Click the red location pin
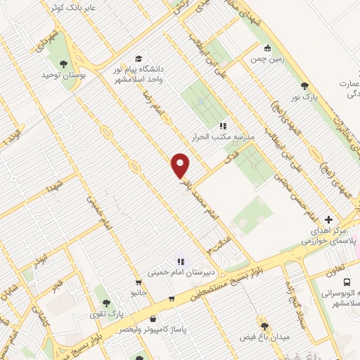pyautogui.click(x=181, y=165)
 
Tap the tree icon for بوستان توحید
pyautogui.click(x=64, y=64)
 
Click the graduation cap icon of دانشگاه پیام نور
pyautogui.click(x=139, y=58)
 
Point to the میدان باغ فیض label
pyautogui.click(x=264, y=337)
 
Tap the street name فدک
pyautogui.click(x=228, y=162)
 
